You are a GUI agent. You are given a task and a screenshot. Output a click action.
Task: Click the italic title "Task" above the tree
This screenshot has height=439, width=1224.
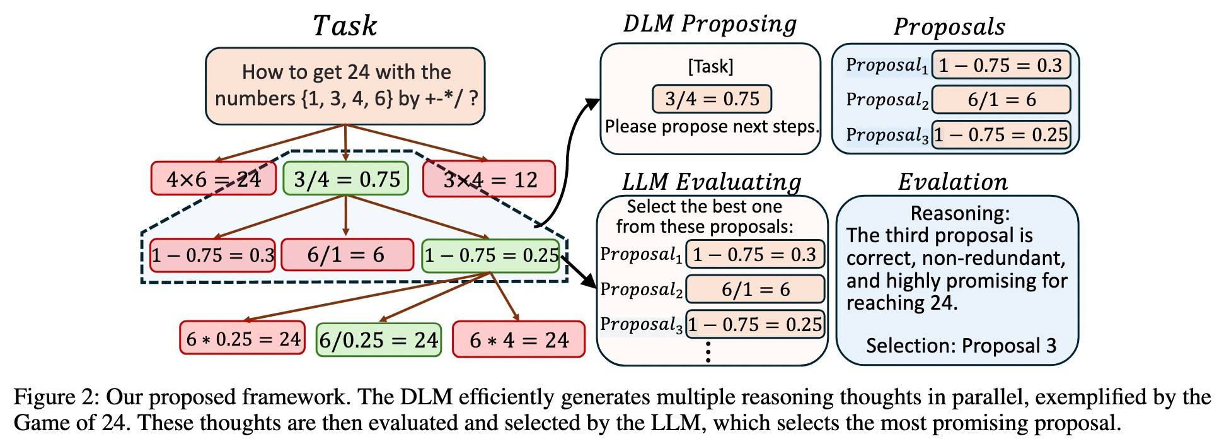[344, 26]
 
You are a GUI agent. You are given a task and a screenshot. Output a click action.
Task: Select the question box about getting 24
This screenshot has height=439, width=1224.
[345, 86]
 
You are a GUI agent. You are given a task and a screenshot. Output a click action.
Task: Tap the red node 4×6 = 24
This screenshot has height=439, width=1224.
[214, 179]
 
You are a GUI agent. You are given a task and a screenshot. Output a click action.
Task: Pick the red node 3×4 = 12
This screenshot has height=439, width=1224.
[490, 179]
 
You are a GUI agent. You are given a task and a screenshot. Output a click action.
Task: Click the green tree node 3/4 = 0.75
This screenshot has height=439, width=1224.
[346, 179]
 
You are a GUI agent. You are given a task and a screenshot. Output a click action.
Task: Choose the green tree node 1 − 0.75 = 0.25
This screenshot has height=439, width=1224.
[491, 255]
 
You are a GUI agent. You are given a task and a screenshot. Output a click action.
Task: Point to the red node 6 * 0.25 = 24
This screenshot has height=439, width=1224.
[243, 339]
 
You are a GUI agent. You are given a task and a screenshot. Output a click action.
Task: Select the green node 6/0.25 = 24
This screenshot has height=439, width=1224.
[378, 340]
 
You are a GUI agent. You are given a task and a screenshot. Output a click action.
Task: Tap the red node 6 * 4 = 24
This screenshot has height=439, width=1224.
[519, 340]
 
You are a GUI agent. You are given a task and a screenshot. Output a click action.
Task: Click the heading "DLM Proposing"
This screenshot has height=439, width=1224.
[710, 24]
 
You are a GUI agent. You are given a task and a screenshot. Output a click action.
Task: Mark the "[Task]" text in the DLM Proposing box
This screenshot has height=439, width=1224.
[710, 66]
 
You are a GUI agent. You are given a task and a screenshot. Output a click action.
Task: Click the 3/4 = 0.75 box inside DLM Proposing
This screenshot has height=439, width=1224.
[712, 99]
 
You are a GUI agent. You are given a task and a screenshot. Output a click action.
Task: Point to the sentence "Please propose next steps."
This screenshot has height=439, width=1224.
[712, 127]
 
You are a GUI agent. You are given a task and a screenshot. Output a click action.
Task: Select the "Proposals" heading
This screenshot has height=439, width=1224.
[949, 26]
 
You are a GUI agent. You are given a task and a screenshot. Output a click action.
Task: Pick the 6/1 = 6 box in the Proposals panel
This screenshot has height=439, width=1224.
[1001, 100]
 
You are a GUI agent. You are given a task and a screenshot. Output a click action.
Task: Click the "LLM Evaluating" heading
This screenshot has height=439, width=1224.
[712, 182]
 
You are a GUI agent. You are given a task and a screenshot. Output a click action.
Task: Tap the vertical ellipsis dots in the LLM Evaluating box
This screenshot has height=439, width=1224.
[708, 351]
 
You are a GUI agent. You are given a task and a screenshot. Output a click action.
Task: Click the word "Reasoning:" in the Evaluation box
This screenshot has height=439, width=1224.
[960, 213]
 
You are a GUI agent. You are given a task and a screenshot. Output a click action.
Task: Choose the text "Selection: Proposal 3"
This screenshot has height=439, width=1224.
[961, 346]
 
